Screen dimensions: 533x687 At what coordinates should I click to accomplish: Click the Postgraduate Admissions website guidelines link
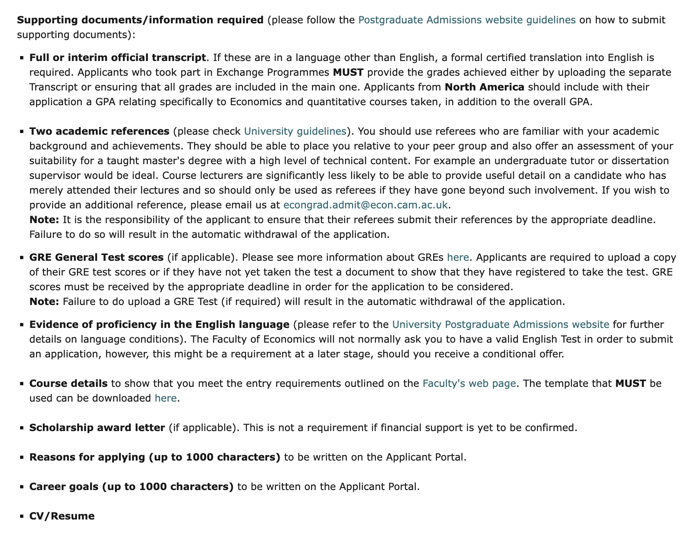[x=467, y=20]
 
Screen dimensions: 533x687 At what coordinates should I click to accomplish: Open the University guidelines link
[x=295, y=131]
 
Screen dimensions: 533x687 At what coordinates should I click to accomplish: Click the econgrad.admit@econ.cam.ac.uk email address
[x=366, y=205]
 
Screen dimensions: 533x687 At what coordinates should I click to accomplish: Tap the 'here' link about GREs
[x=458, y=257]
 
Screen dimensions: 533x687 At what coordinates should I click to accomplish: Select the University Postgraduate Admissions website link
[x=500, y=325]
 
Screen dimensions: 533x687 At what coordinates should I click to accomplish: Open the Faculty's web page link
[x=469, y=384]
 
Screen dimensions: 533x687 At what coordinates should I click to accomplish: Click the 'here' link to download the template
[x=165, y=398]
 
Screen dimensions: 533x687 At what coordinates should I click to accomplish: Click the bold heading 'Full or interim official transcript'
[x=118, y=58]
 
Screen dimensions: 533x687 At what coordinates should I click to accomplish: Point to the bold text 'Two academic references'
[x=99, y=131]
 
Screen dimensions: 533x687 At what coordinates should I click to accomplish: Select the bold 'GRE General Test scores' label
[x=96, y=257]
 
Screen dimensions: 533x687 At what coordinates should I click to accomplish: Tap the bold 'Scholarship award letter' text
[x=97, y=428]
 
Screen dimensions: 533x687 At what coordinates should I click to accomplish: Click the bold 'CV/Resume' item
[x=62, y=516]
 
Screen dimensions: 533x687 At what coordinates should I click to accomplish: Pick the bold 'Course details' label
[x=68, y=384]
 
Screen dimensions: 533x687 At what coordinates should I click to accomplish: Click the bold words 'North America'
[x=484, y=87]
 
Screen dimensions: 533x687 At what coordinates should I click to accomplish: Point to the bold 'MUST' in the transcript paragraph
[x=348, y=72]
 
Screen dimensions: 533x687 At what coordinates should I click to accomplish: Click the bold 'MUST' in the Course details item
[x=631, y=384]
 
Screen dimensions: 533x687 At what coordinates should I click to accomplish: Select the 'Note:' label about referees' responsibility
[x=44, y=220]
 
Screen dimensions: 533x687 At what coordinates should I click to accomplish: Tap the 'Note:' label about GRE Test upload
[x=44, y=302]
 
